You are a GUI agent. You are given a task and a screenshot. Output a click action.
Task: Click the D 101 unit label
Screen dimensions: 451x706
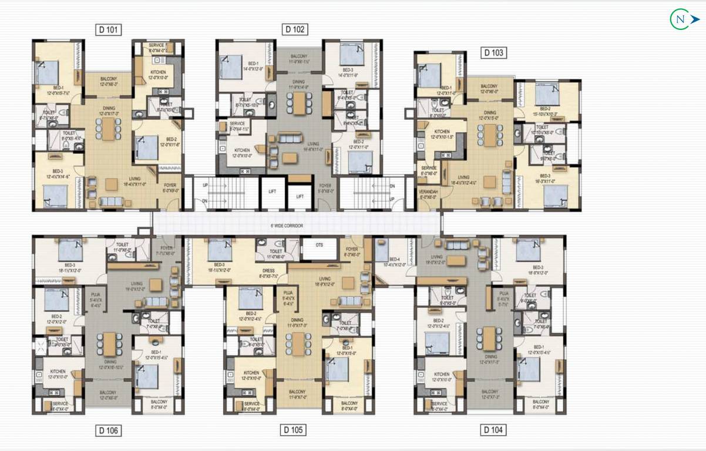pyautogui.click(x=109, y=29)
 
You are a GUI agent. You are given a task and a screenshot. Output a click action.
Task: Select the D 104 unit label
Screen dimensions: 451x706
pyautogui.click(x=493, y=430)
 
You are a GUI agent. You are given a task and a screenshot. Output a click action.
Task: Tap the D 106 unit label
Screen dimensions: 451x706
pyautogui.click(x=109, y=431)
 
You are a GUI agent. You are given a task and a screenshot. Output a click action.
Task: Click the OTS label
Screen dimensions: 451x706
pyautogui.click(x=319, y=245)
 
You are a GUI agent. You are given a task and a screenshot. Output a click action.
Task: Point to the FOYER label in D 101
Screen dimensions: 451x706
pyautogui.click(x=170, y=187)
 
